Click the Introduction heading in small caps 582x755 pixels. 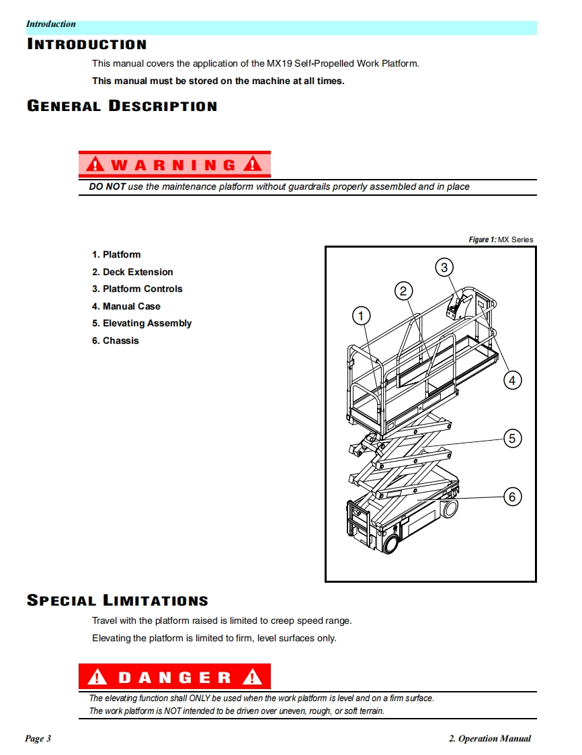[x=87, y=45]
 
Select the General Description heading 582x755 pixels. [x=122, y=106]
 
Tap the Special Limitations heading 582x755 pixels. [x=118, y=600]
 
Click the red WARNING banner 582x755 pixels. [x=175, y=164]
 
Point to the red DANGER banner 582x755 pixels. [x=175, y=677]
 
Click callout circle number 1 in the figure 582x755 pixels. [x=362, y=316]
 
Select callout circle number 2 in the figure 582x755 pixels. [x=403, y=291]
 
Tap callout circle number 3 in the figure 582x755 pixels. [x=444, y=267]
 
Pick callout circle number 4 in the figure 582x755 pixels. [x=512, y=381]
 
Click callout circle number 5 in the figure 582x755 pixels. [x=512, y=439]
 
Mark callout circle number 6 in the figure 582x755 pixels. [x=512, y=497]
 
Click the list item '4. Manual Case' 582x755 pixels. [x=126, y=306]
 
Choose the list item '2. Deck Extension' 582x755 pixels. [x=132, y=272]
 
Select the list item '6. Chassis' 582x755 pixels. [x=116, y=340]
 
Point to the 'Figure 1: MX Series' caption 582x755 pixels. [x=501, y=240]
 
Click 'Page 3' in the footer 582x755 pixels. [x=38, y=739]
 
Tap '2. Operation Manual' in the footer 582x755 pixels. [x=489, y=739]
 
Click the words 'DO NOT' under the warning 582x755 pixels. [x=108, y=186]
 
